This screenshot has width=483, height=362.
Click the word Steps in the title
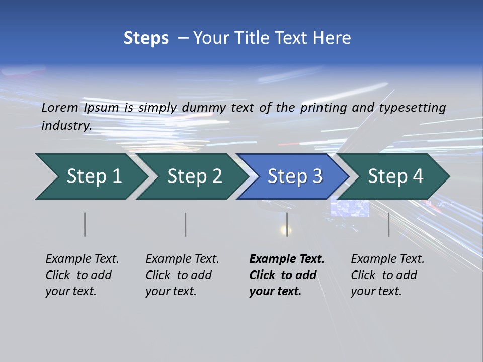(146, 38)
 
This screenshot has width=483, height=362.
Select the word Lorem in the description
(60, 108)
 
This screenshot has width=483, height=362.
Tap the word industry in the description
(66, 126)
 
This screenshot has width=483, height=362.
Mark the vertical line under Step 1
(85, 224)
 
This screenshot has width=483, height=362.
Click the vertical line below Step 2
(186, 224)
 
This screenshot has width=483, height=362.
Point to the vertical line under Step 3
(287, 224)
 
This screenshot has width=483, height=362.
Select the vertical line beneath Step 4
(388, 224)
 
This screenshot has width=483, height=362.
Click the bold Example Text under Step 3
(287, 259)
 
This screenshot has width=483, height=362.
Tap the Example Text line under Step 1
(82, 259)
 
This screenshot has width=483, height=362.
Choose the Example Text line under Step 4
(387, 259)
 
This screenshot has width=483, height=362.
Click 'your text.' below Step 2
(171, 292)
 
